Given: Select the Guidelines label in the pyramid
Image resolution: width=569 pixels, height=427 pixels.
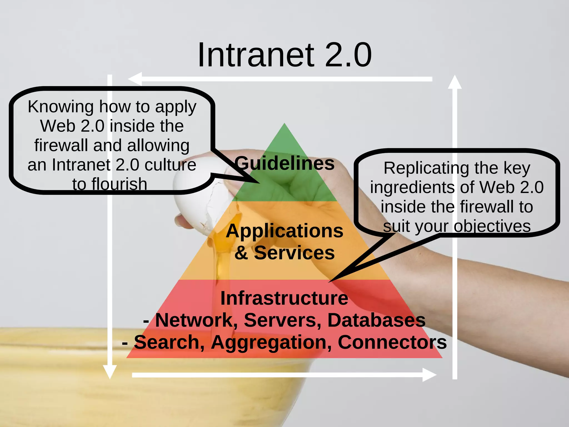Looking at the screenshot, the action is [x=284, y=163].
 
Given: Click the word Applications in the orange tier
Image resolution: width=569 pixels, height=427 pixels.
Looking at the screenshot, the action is [x=284, y=231].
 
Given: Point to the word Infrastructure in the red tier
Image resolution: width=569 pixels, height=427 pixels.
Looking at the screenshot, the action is [x=284, y=298].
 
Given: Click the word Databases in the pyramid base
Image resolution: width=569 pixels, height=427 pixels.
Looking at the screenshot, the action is [x=376, y=320].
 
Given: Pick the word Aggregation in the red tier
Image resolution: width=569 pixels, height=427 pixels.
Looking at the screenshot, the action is [x=271, y=342].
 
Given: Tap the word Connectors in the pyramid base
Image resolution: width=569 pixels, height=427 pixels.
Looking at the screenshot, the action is [x=392, y=342].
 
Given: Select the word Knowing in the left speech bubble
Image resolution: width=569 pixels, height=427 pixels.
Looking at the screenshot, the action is [x=61, y=107].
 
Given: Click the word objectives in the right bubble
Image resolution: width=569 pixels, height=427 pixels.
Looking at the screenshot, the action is [x=492, y=226].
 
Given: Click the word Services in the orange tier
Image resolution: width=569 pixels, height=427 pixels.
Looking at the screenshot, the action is [x=294, y=253].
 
